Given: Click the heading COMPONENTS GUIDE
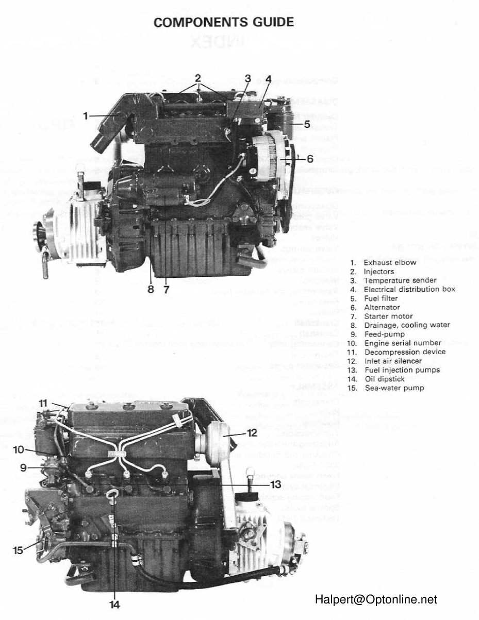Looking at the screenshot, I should point(224,22).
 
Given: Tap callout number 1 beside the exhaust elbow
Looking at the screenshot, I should point(86,116).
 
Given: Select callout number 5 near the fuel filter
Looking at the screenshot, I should point(307,124).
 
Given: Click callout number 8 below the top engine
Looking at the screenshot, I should point(151,290).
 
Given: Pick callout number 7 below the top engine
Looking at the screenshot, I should point(167,290).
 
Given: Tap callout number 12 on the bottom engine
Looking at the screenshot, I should point(252,432).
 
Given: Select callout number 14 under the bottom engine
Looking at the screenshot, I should point(115,605).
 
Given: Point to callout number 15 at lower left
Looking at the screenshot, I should point(18,550).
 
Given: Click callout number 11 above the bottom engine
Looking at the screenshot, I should point(43,402).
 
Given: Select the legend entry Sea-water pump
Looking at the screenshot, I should point(394,388).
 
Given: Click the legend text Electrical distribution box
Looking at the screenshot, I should point(409,289).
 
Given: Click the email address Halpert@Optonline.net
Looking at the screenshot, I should point(376,599).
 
